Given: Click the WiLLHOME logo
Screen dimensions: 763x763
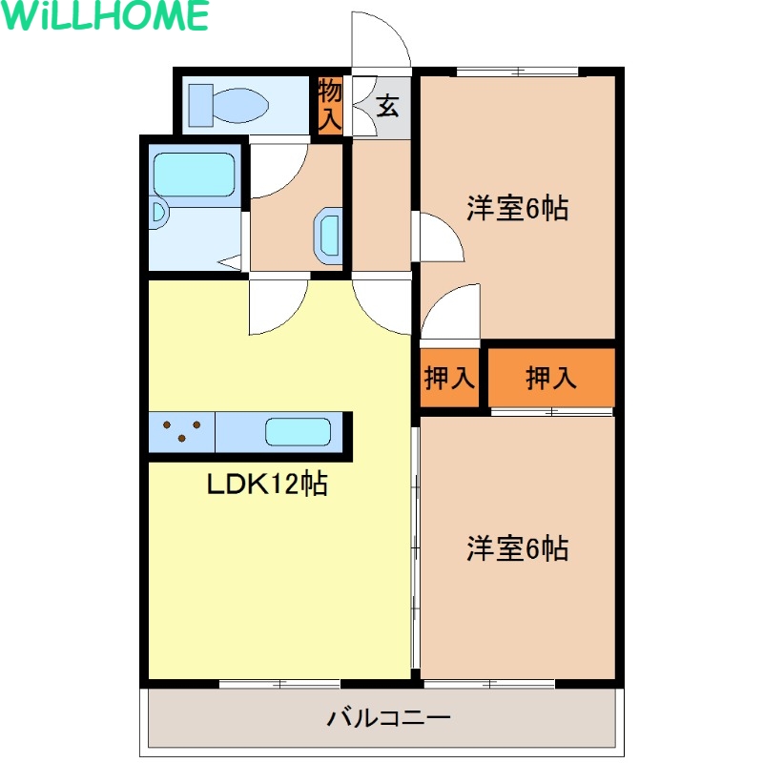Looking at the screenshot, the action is tap(105, 15).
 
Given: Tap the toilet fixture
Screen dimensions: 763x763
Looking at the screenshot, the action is tap(228, 106).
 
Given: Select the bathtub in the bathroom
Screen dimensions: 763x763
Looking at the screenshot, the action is tap(195, 175).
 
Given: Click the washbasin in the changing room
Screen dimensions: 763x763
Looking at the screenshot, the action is tap(327, 236).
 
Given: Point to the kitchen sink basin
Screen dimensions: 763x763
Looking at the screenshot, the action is tap(299, 432).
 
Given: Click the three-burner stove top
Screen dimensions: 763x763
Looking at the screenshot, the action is tap(181, 432).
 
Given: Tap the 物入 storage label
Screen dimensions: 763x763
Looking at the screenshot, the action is tap(329, 106).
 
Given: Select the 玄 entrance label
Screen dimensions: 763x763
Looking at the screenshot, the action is tap(387, 106).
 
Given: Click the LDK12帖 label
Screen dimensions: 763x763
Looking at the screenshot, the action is tap(267, 484).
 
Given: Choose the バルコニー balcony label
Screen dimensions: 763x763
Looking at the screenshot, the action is tap(388, 718).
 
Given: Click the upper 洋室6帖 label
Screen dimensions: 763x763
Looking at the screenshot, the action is tap(517, 208).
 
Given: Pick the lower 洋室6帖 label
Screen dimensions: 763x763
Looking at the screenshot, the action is tap(517, 548).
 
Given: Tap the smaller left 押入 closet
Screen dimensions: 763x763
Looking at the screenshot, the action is tap(449, 378).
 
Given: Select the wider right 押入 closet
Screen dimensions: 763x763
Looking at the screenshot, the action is tap(551, 378).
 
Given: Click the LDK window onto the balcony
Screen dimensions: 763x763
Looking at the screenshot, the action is tap(279, 684).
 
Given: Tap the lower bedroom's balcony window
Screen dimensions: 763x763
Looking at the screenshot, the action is tap(489, 684).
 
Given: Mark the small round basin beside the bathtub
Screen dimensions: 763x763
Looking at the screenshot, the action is tap(158, 214).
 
